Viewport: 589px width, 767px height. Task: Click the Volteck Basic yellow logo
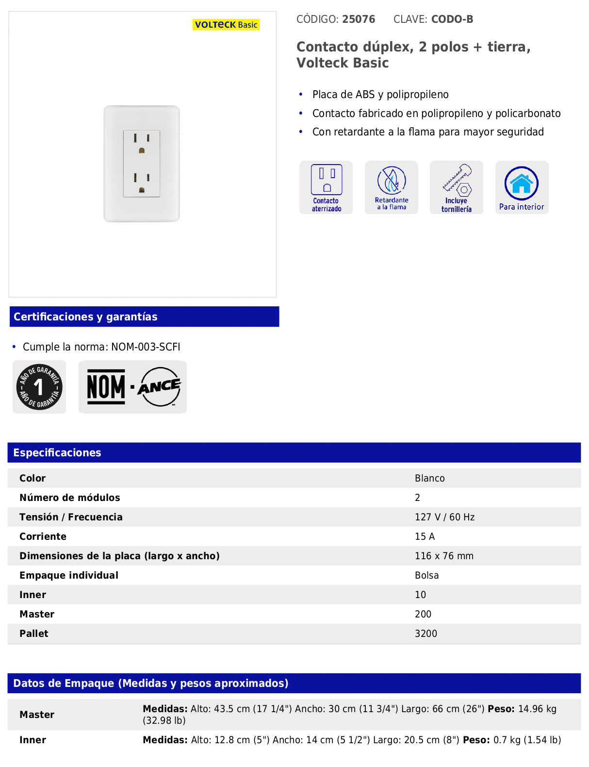[226, 25]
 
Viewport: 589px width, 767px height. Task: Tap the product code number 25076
[359, 19]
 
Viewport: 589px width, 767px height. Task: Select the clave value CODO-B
[452, 19]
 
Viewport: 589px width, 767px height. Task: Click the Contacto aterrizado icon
[326, 187]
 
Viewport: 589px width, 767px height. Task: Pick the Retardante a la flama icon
[392, 187]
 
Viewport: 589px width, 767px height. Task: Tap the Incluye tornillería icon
[457, 187]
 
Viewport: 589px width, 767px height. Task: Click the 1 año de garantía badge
[39, 387]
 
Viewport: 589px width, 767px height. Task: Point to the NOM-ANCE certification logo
[132, 387]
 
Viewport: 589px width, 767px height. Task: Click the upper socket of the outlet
[142, 144]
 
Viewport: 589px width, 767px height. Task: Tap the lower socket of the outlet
[142, 183]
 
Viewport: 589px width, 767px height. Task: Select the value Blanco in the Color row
[429, 478]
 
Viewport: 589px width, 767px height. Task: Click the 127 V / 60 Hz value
[444, 517]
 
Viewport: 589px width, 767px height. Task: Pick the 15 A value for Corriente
[425, 536]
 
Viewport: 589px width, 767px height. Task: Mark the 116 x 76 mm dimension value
[444, 556]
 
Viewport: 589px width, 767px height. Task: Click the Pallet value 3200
[426, 634]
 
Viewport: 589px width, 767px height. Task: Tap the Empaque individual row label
[69, 575]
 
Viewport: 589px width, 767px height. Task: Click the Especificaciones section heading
[57, 452]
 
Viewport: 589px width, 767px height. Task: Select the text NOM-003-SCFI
[146, 347]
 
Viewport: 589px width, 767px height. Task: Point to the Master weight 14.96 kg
[537, 709]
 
